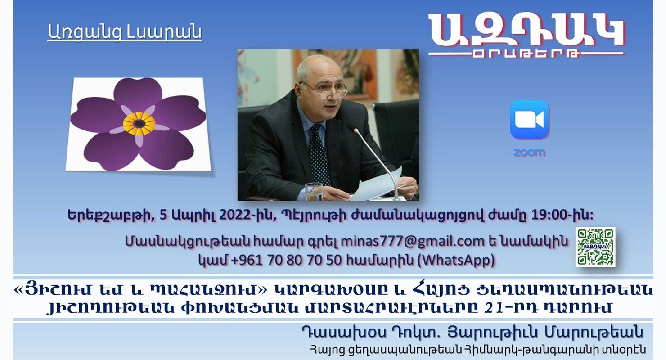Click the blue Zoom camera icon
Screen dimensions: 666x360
[530, 120]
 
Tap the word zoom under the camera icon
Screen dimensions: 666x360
[530, 153]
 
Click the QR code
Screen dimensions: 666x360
[595, 247]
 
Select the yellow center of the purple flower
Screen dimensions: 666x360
[139, 124]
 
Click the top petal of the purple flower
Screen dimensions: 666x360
[137, 93]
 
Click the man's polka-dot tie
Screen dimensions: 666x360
[319, 155]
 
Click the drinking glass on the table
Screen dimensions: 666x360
[314, 191]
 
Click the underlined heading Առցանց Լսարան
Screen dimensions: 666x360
[125, 32]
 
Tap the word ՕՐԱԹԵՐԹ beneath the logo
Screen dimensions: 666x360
[526, 54]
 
